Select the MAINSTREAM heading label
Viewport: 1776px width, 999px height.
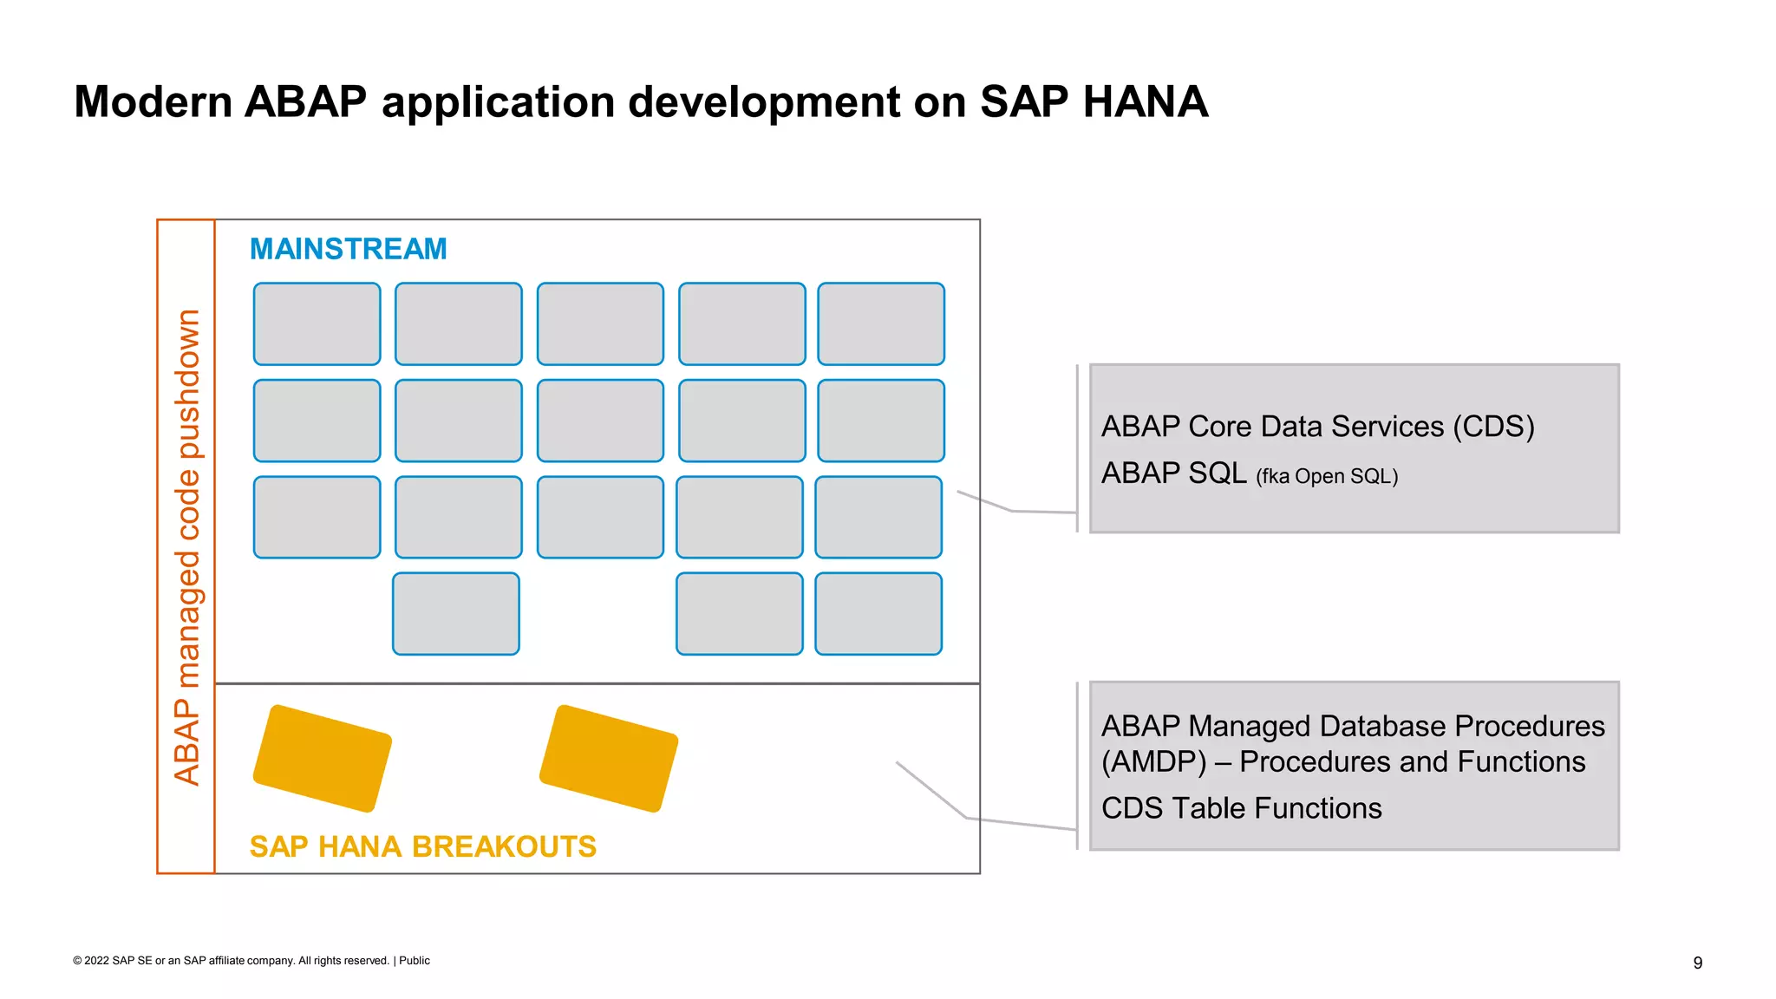348,250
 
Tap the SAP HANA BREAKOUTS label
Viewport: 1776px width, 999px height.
422,846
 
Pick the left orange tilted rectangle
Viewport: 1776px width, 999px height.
323,759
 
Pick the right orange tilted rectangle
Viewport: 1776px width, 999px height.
609,759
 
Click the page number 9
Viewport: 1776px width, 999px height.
1697,963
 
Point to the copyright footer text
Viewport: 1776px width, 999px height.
251,961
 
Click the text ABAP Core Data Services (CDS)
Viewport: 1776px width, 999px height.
1317,427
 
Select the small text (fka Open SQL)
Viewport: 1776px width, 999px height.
1326,476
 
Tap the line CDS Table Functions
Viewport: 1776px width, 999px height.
1241,808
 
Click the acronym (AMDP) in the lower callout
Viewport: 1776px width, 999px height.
1153,762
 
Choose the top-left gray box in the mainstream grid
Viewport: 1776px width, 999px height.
317,324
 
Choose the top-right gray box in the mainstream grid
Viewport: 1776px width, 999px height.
880,324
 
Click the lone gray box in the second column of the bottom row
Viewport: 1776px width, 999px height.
456,614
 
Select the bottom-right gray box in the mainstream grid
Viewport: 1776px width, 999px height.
878,614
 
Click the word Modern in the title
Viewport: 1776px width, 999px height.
153,102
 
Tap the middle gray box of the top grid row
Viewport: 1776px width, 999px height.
600,324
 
